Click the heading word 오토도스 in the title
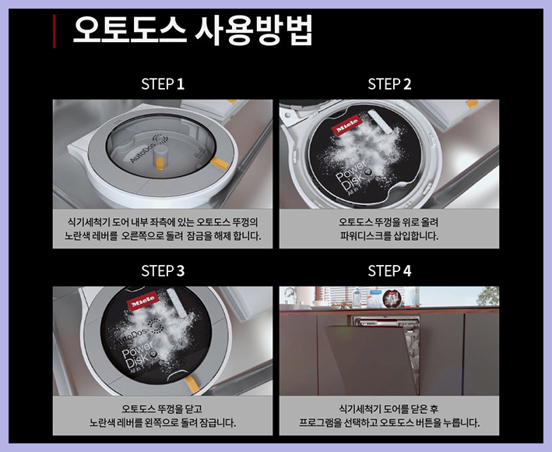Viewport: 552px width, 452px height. click(x=129, y=30)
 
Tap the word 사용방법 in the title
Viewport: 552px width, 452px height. click(x=254, y=30)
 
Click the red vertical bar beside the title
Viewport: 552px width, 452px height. click(x=54, y=31)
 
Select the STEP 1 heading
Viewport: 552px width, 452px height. click(x=163, y=84)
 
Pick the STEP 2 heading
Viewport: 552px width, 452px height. click(x=389, y=84)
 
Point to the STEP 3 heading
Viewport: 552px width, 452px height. click(x=163, y=271)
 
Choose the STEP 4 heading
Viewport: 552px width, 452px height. click(x=389, y=271)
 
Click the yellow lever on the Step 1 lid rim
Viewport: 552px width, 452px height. click(x=220, y=164)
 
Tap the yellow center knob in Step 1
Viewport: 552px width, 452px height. click(x=160, y=164)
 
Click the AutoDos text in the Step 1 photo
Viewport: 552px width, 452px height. click(x=142, y=154)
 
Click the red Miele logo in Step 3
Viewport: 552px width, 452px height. click(x=143, y=301)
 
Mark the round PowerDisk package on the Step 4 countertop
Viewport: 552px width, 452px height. click(x=392, y=298)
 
